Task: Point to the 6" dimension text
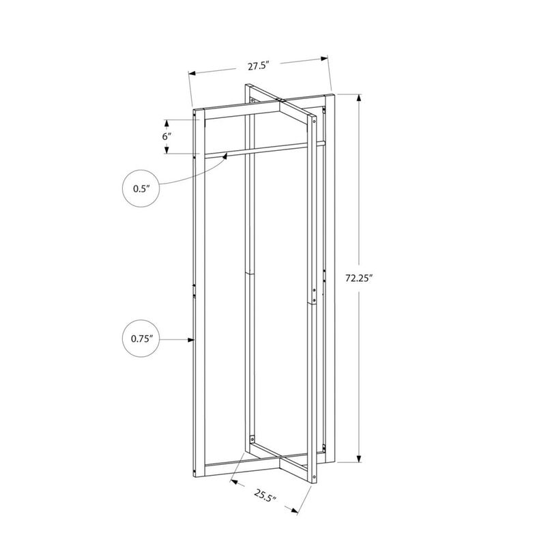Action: [x=166, y=136]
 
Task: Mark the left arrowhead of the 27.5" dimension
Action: [x=192, y=72]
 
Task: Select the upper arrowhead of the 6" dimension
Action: [x=166, y=121]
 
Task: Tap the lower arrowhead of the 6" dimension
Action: [x=166, y=151]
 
